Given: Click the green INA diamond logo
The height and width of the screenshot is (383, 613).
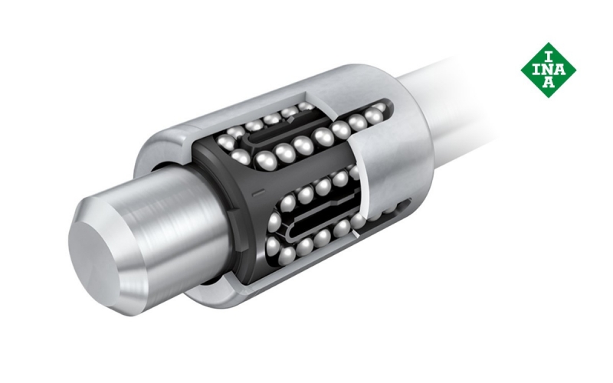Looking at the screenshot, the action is click(548, 70).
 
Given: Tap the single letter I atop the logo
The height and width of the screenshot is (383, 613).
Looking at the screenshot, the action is click(549, 57).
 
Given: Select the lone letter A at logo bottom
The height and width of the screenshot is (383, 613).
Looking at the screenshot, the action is click(549, 83).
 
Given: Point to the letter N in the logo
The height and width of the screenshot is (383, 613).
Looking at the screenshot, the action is click(549, 70).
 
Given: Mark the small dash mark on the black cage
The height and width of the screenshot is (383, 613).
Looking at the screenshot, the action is click(259, 192).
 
